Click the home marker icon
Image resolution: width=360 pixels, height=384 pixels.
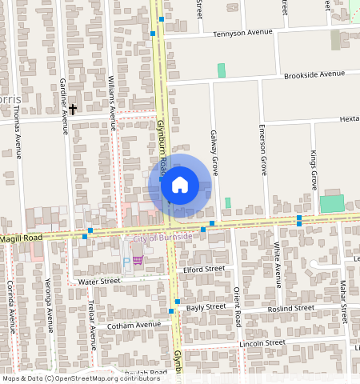(x=180, y=185)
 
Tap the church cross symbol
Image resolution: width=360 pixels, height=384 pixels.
(x=73, y=109)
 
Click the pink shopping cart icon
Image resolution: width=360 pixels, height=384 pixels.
(x=138, y=261)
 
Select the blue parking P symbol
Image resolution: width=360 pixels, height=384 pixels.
(x=126, y=262)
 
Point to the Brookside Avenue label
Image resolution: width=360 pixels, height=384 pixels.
(x=314, y=74)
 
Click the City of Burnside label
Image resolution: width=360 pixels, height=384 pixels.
(x=162, y=238)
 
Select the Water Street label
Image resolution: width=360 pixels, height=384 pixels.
(x=98, y=282)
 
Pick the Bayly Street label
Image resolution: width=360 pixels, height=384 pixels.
(x=206, y=307)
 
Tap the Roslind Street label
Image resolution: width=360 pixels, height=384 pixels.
(x=292, y=308)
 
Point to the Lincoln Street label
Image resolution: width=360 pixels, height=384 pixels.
(x=262, y=343)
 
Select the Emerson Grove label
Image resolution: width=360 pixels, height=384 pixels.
(x=263, y=150)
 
